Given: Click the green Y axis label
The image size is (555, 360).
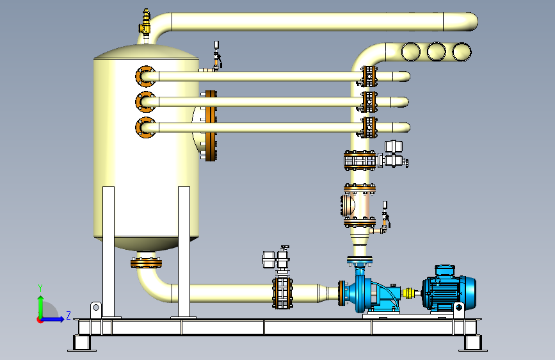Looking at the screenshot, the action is (x=40, y=288).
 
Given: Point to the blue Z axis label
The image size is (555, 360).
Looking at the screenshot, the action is (x=68, y=315).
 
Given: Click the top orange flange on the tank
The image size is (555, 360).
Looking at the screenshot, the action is (x=145, y=76).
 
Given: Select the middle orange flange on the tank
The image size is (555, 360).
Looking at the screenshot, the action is (x=145, y=102).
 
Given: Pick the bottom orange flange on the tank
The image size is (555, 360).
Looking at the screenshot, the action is (x=145, y=127).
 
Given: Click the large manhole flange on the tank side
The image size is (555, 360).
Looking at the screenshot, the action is (x=210, y=126).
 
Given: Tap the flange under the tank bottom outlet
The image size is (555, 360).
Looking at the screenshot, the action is (x=146, y=263).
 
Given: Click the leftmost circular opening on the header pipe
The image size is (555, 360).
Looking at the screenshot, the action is (x=410, y=52).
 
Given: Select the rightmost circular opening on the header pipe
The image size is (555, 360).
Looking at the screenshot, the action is (x=462, y=52).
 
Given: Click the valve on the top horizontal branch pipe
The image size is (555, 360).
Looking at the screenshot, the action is (x=368, y=76).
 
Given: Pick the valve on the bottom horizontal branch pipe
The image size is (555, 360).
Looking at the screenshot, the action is (x=368, y=127).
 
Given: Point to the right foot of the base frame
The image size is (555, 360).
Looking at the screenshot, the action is (x=473, y=343).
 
